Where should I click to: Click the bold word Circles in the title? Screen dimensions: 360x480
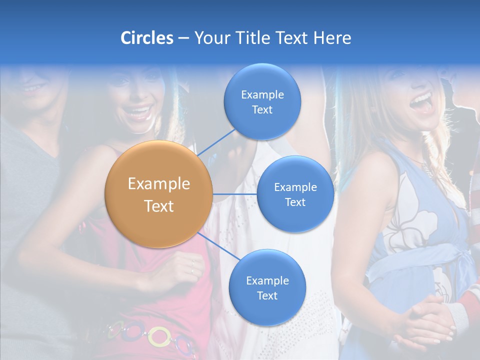click(x=146, y=38)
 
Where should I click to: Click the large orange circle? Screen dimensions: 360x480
click(x=159, y=194)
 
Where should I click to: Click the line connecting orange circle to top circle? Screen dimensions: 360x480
click(x=217, y=142)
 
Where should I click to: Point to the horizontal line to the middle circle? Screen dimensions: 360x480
click(x=235, y=194)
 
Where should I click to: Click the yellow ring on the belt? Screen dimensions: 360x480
click(x=159, y=336)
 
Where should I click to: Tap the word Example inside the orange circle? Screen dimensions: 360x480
click(x=159, y=184)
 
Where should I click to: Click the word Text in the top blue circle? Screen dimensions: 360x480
click(x=262, y=110)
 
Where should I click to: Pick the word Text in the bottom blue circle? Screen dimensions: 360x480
click(x=267, y=296)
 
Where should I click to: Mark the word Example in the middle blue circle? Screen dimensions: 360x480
click(x=295, y=187)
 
